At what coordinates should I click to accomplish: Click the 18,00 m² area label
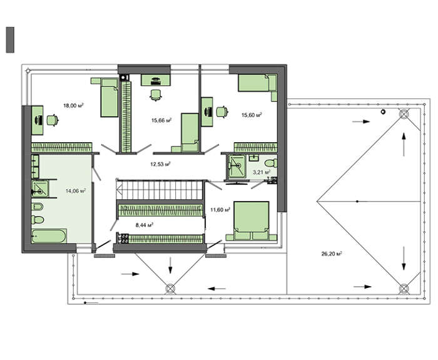(x=73, y=105)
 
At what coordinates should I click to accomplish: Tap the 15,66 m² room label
(x=161, y=120)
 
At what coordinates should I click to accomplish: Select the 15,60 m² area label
(x=252, y=115)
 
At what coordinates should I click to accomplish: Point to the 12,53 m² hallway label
(x=161, y=164)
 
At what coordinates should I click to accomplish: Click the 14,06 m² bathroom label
(x=76, y=191)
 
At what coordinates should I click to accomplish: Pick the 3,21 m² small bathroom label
(x=262, y=172)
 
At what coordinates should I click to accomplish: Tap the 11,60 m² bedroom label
(x=220, y=210)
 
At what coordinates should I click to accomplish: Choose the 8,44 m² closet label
(x=145, y=224)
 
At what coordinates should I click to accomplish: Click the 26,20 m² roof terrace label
(x=332, y=254)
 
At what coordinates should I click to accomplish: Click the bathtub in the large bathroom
(x=49, y=236)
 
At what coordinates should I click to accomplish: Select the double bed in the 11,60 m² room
(x=252, y=221)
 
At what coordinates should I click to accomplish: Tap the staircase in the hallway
(x=160, y=190)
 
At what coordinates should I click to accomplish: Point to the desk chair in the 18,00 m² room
(x=53, y=120)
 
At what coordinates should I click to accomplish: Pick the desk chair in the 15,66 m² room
(x=156, y=95)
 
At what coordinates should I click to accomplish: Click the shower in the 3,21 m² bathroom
(x=237, y=167)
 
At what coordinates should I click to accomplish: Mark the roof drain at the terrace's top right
(x=404, y=114)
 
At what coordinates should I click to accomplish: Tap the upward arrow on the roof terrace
(x=404, y=144)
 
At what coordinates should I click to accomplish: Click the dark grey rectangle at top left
(x=10, y=39)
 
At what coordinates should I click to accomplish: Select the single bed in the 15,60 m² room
(x=257, y=83)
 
